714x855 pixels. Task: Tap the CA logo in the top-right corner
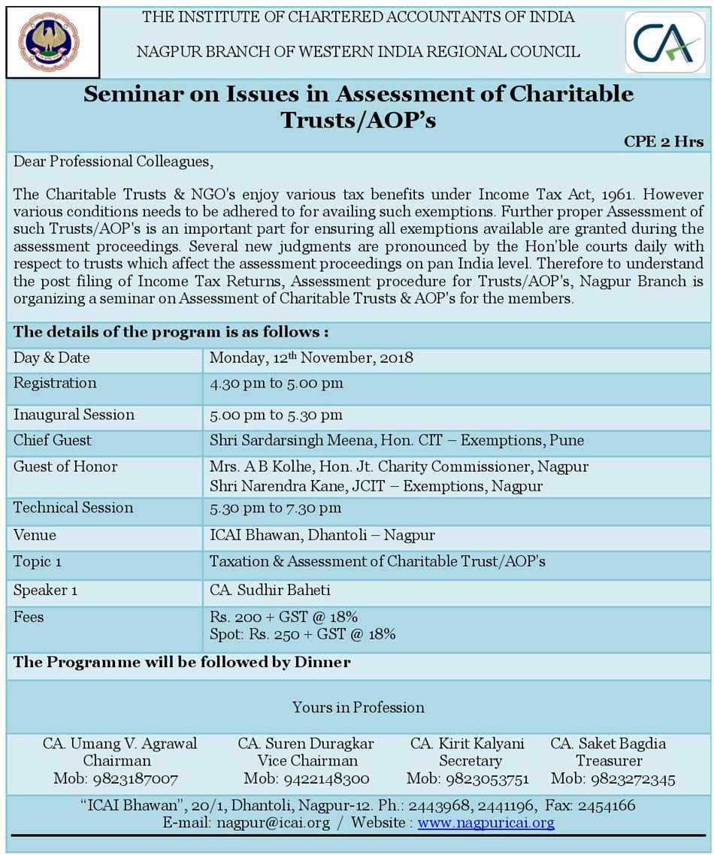click(664, 42)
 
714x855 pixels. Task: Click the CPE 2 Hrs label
click(664, 142)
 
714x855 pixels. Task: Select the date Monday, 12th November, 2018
click(311, 358)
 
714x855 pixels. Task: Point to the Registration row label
click(55, 383)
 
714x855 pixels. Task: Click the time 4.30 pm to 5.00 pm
click(276, 383)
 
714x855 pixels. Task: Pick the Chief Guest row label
click(53, 440)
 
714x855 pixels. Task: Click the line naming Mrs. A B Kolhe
click(398, 467)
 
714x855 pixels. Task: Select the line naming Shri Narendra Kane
click(376, 486)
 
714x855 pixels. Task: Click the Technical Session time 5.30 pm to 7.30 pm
click(275, 508)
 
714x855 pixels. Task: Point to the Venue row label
click(35, 536)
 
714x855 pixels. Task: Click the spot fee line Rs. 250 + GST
click(302, 634)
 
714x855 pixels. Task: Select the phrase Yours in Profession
click(358, 707)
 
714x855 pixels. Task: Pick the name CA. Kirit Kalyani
click(467, 743)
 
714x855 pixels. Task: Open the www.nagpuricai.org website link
click(486, 823)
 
